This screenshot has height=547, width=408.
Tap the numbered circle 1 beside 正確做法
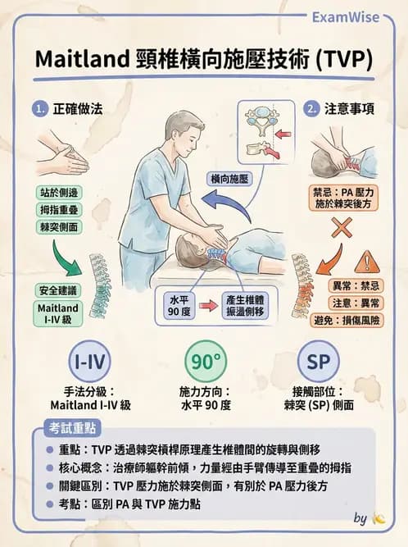[39, 108]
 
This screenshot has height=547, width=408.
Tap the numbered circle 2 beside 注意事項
[311, 108]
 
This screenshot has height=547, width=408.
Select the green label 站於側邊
[60, 193]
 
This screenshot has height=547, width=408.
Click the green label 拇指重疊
[60, 210]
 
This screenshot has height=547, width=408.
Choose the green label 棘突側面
[60, 227]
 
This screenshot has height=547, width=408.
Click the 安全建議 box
[58, 290]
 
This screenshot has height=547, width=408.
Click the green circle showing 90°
[204, 362]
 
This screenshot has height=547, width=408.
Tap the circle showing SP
[318, 362]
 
